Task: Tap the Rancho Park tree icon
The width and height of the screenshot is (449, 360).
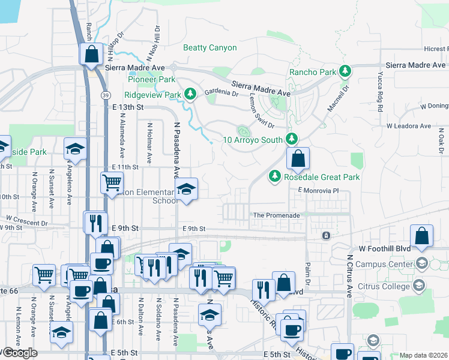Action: pyautogui.click(x=345, y=72)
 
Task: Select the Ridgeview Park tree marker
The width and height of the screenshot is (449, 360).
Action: pyautogui.click(x=190, y=94)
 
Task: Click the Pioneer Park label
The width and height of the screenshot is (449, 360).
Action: pyautogui.click(x=151, y=79)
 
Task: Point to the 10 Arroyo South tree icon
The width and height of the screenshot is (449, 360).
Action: pyautogui.click(x=292, y=140)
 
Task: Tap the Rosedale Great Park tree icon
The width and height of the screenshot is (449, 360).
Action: pyautogui.click(x=275, y=177)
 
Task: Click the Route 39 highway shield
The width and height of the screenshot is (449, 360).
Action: pyautogui.click(x=105, y=95)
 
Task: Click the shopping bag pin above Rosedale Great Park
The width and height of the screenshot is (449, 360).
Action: pyautogui.click(x=298, y=159)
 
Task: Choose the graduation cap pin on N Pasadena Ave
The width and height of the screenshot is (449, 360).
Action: pyautogui.click(x=186, y=190)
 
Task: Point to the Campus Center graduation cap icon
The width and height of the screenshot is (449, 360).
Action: pyautogui.click(x=422, y=263)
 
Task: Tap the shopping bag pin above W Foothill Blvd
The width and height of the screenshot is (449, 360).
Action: pyautogui.click(x=422, y=236)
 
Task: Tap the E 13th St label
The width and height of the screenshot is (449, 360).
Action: pyautogui.click(x=128, y=107)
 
